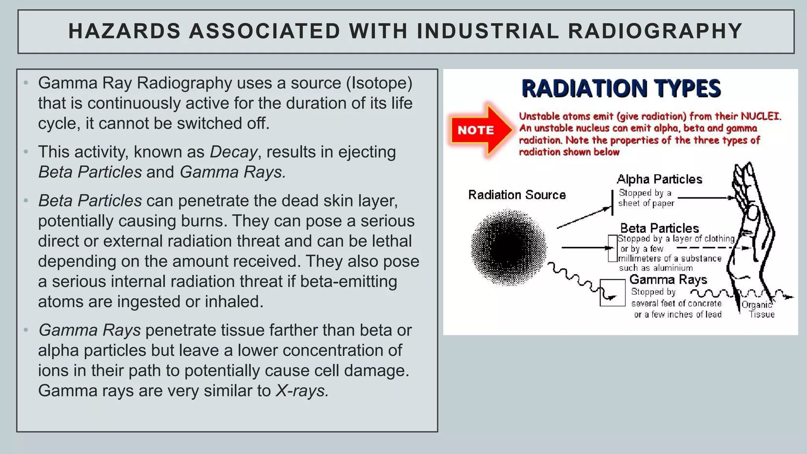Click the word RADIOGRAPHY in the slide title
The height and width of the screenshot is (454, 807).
point(655,32)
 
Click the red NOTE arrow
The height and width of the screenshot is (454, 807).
point(480,130)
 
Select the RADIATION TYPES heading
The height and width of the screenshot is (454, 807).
point(621,89)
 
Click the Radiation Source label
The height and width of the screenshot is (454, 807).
point(517,195)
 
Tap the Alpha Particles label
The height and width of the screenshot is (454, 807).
point(659,179)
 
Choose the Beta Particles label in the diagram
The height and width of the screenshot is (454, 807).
point(659,228)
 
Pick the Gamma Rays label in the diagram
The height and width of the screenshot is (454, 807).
point(668,280)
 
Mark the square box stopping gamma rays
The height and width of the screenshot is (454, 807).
point(612,293)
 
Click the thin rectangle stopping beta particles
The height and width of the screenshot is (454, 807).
point(612,248)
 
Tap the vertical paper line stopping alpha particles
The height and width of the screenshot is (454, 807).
point(612,203)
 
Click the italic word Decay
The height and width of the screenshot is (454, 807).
point(233,152)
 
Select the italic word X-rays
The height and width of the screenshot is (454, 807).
point(302,391)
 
